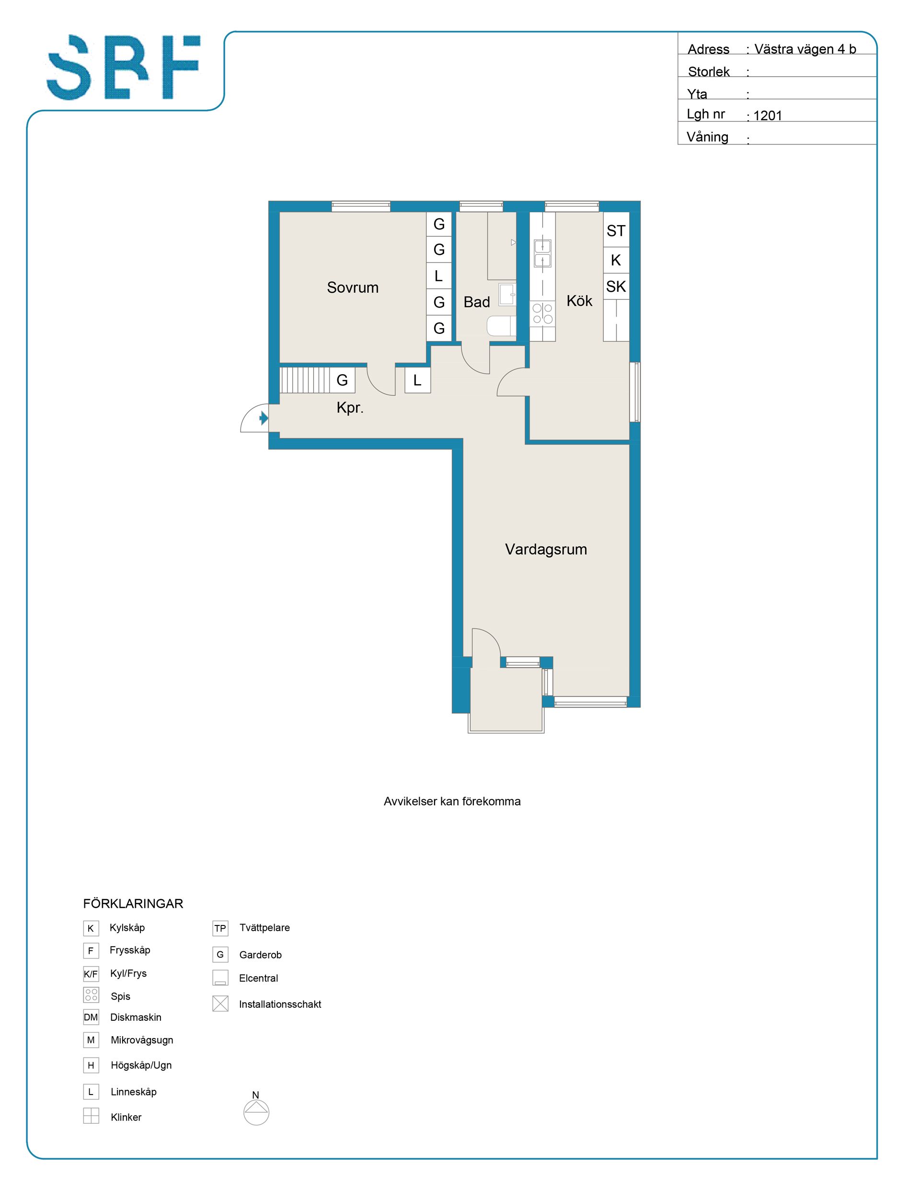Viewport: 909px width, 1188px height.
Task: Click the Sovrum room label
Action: [352, 287]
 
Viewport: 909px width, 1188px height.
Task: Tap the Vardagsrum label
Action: [546, 549]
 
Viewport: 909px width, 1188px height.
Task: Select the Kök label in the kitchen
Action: [579, 300]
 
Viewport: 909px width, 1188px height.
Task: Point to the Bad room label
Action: [477, 302]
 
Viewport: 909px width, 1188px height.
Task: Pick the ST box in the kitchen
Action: [616, 231]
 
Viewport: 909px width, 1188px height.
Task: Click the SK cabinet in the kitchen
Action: [616, 286]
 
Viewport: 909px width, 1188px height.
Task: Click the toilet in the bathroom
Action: [501, 326]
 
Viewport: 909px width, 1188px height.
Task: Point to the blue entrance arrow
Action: [264, 418]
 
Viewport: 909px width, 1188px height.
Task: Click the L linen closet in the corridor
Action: [417, 380]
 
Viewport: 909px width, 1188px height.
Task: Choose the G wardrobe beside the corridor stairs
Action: [342, 380]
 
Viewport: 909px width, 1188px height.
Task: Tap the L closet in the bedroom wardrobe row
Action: [439, 276]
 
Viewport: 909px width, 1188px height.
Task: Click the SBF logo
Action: [123, 68]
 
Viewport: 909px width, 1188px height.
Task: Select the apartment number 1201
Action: [768, 115]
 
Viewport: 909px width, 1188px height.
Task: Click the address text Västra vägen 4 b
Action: [805, 49]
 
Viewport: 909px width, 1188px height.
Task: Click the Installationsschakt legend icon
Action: [220, 1004]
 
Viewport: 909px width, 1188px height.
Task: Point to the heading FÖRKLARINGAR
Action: [133, 903]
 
